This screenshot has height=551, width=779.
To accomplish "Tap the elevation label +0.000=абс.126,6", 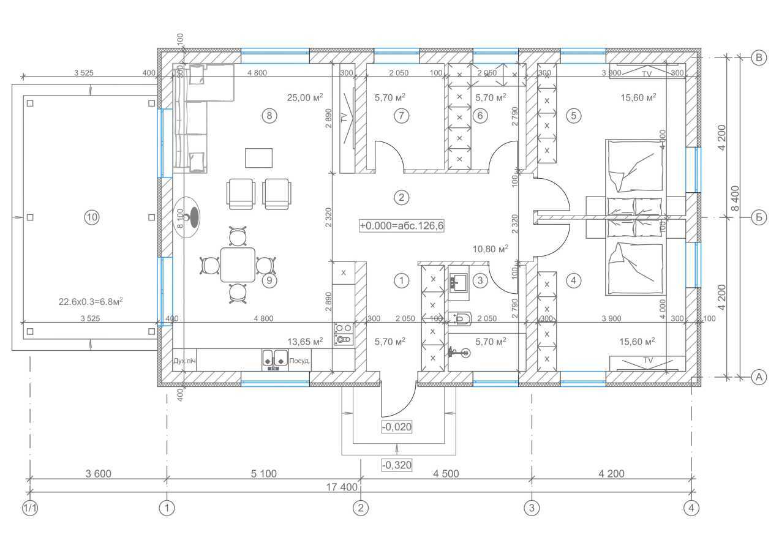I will (401, 226).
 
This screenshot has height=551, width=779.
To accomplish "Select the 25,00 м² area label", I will (305, 97).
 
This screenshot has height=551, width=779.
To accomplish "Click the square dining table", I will (238, 264).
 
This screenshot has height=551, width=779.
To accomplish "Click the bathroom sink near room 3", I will (459, 282).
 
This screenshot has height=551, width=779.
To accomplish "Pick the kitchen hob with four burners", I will (343, 334).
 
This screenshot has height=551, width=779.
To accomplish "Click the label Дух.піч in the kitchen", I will (184, 361).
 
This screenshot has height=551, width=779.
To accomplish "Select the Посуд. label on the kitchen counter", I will (299, 361).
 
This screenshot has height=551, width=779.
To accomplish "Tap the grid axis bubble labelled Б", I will (758, 217).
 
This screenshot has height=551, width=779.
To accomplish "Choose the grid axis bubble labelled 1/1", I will (30, 508).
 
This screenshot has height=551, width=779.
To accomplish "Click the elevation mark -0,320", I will (396, 465).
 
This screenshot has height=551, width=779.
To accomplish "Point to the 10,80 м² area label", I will (490, 249).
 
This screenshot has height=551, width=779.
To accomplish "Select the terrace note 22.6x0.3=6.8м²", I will (89, 301).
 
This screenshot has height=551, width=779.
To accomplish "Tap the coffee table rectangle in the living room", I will (259, 157).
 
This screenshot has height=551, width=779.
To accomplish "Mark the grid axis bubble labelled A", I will (758, 377).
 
